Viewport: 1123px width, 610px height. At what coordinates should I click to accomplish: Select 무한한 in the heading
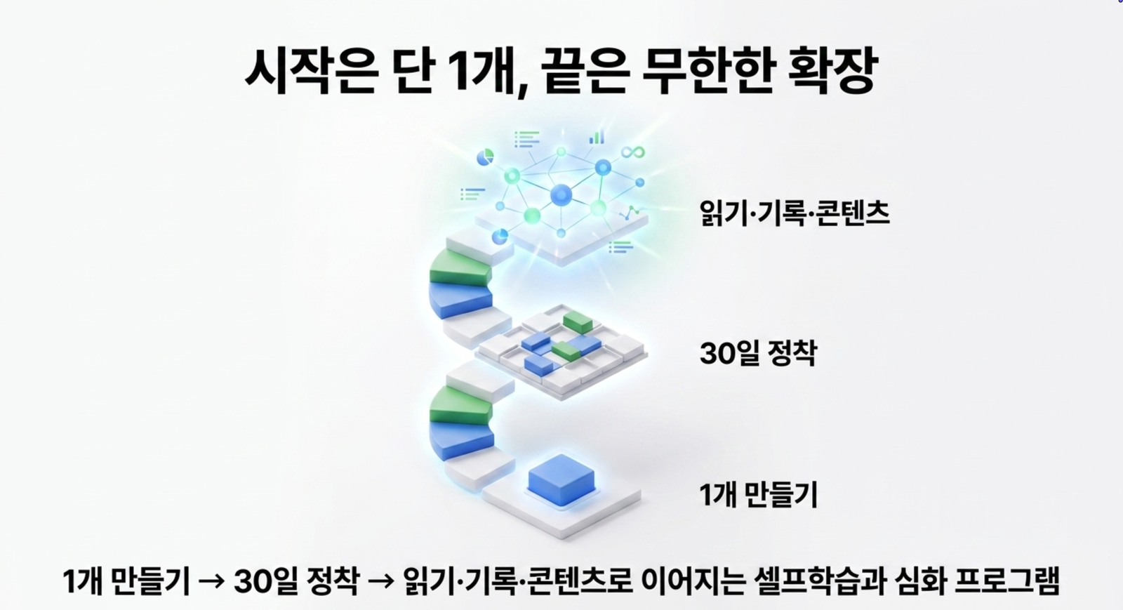[x=707, y=71]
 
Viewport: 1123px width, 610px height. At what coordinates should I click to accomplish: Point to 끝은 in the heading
[x=585, y=71]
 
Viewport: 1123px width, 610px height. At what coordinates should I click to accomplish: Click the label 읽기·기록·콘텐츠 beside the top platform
[x=795, y=213]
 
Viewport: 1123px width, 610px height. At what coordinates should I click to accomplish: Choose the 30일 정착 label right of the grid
[x=758, y=353]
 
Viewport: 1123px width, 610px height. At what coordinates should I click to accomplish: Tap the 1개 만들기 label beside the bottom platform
[x=758, y=494]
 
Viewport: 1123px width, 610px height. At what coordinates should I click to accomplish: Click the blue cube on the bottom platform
[x=561, y=479]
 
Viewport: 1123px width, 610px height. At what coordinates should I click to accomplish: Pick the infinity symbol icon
[x=632, y=152]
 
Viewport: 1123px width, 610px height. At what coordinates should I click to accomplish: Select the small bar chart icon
[x=597, y=138]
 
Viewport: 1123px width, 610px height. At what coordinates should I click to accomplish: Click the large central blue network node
[x=561, y=195]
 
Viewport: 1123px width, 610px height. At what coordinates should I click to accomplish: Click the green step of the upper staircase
[x=460, y=269]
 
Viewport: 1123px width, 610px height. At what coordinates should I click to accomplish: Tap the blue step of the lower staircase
[x=461, y=441]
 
